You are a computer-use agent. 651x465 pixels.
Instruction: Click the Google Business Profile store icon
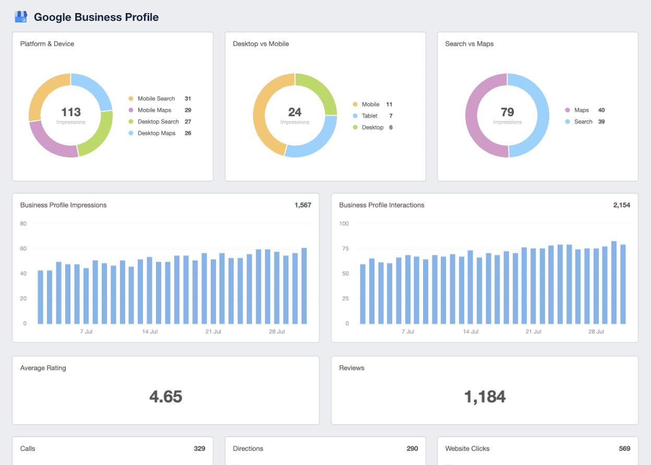tap(21, 17)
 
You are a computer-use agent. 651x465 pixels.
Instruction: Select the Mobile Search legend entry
tap(155, 99)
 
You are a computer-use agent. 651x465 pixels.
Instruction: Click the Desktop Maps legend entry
tap(155, 133)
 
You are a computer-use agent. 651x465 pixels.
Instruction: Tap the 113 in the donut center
tap(71, 112)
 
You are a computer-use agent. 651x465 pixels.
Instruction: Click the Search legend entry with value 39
tap(583, 121)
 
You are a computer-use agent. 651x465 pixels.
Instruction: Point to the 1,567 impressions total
tap(303, 205)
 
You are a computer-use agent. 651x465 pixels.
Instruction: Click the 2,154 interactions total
tap(621, 205)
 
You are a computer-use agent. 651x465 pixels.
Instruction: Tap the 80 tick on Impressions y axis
tap(23, 224)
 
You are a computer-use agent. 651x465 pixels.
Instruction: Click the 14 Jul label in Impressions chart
tap(150, 332)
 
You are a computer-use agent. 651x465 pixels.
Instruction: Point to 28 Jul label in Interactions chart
tap(596, 332)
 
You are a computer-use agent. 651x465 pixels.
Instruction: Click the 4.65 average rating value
tap(165, 397)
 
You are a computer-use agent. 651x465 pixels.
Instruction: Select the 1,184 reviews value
tap(485, 397)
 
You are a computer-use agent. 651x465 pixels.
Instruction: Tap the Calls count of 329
tap(199, 448)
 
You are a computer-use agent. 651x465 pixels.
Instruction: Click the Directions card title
tap(248, 448)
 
